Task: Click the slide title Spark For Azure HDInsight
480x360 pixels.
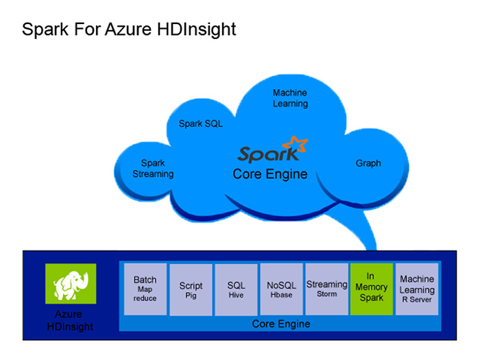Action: click(129, 29)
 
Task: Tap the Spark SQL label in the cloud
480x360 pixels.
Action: click(200, 123)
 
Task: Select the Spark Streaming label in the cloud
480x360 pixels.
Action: click(153, 169)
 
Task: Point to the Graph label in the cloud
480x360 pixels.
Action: click(368, 163)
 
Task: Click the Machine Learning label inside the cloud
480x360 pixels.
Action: click(290, 98)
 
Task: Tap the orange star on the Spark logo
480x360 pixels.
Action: click(295, 144)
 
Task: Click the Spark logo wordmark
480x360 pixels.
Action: click(268, 154)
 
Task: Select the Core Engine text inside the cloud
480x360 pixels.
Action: click(270, 174)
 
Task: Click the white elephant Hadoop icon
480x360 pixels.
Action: click(71, 284)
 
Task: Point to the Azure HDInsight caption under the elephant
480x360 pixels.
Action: click(70, 320)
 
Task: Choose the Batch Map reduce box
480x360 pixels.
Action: click(145, 289)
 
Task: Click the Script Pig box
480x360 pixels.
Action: click(191, 289)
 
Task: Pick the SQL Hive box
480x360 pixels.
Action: click(236, 289)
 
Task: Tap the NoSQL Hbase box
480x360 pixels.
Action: click(281, 289)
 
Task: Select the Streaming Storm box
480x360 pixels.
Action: click(326, 289)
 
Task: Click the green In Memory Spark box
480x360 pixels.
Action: click(372, 289)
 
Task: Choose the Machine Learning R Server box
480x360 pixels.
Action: click(417, 289)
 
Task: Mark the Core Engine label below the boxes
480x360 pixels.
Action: click(281, 324)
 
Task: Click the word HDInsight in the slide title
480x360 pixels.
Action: click(196, 29)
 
